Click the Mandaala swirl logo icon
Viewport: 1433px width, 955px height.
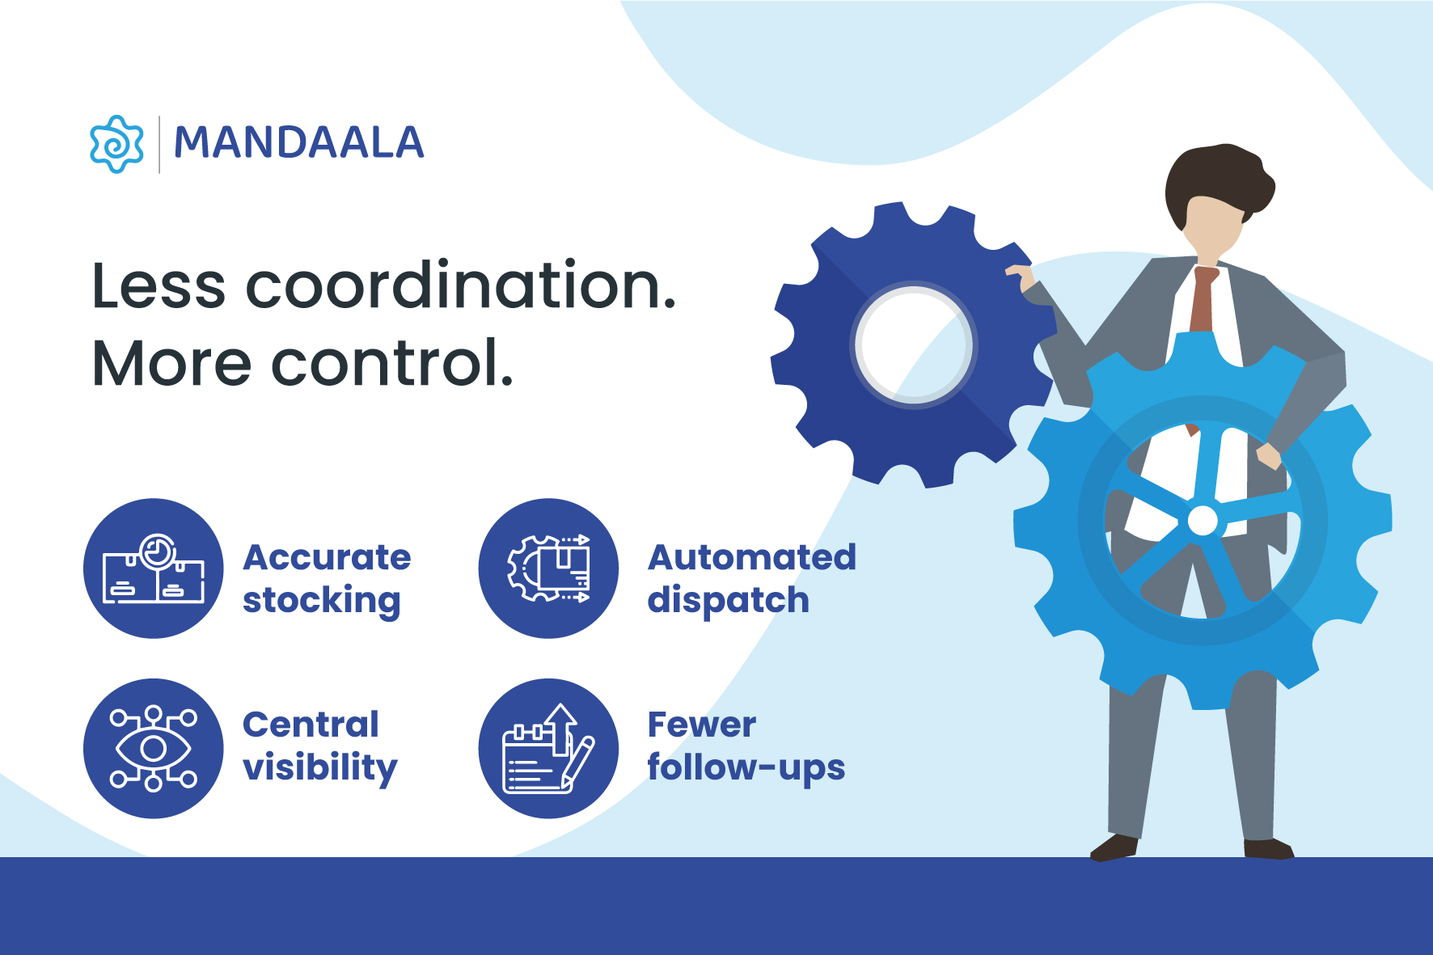tap(116, 144)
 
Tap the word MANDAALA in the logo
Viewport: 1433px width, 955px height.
tap(299, 143)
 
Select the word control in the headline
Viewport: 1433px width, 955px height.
tap(391, 362)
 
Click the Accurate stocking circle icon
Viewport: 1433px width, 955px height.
tap(154, 568)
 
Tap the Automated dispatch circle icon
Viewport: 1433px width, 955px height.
tap(548, 568)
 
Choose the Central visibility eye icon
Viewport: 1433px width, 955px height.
tap(154, 748)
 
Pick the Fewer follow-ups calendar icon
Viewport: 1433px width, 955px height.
tap(548, 748)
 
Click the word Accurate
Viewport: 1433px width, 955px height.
tap(327, 557)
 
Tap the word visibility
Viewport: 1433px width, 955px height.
tap(320, 768)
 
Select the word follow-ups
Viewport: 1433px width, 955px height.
tap(746, 768)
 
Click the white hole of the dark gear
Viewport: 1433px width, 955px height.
tap(914, 344)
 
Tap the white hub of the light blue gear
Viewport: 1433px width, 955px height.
tap(1203, 521)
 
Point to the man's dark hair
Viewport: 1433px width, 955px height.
tap(1216, 183)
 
